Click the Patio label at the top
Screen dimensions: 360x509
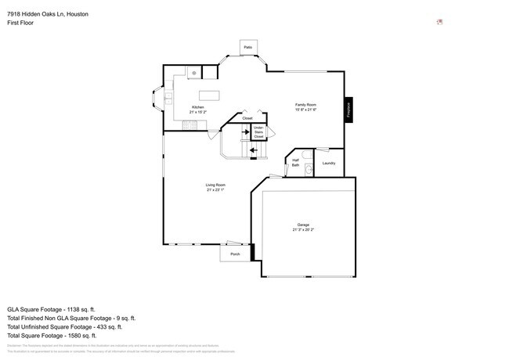[247, 48]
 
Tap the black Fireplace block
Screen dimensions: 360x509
[348, 109]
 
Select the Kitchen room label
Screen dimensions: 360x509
[198, 107]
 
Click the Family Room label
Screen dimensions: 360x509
[305, 105]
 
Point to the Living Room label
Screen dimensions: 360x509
[215, 185]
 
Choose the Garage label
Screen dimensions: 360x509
[303, 225]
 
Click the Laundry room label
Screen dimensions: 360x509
[329, 163]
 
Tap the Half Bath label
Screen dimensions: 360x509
[295, 163]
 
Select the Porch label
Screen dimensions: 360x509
[235, 254]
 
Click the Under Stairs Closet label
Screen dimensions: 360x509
[258, 131]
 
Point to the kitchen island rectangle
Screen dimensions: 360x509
[209, 95]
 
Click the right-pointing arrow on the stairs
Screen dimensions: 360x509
[234, 132]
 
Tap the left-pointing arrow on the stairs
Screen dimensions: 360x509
[254, 150]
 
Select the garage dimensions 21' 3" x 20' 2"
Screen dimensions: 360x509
[303, 230]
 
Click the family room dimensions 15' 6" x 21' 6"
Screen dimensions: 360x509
[305, 110]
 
